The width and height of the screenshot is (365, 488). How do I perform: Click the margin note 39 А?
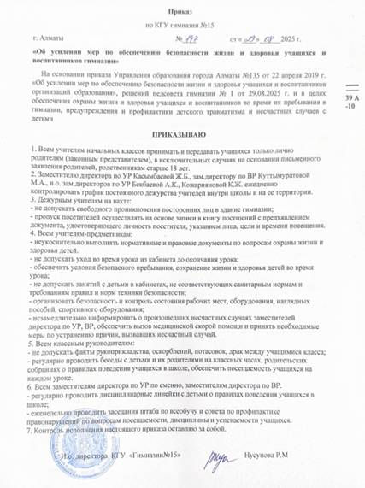coord(351,100)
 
